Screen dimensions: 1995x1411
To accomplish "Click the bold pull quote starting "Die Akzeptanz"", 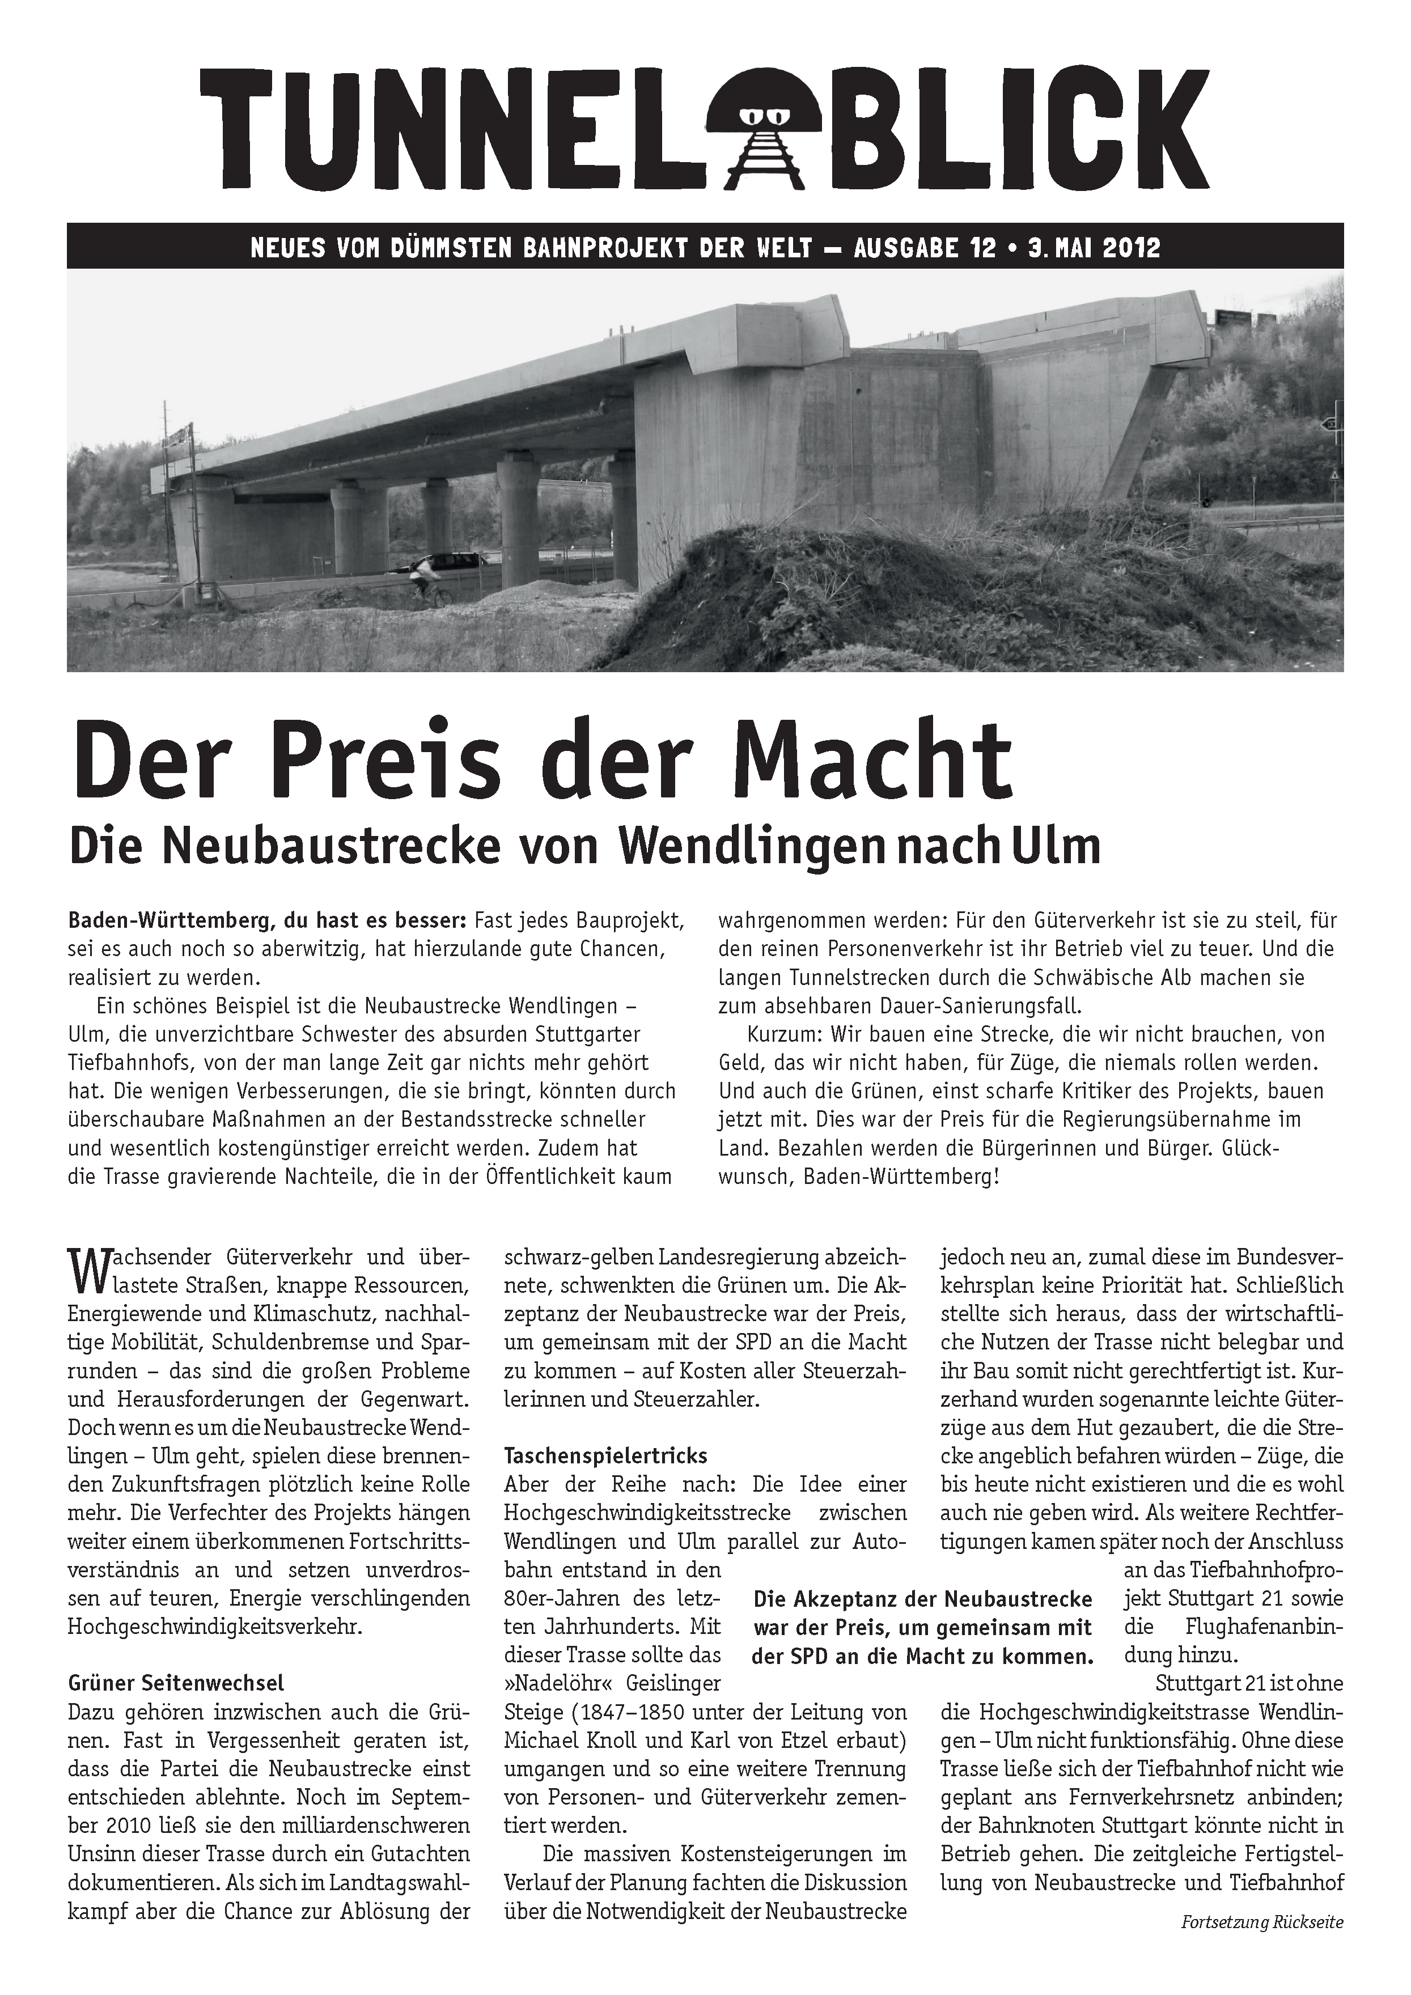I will click(923, 1627).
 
